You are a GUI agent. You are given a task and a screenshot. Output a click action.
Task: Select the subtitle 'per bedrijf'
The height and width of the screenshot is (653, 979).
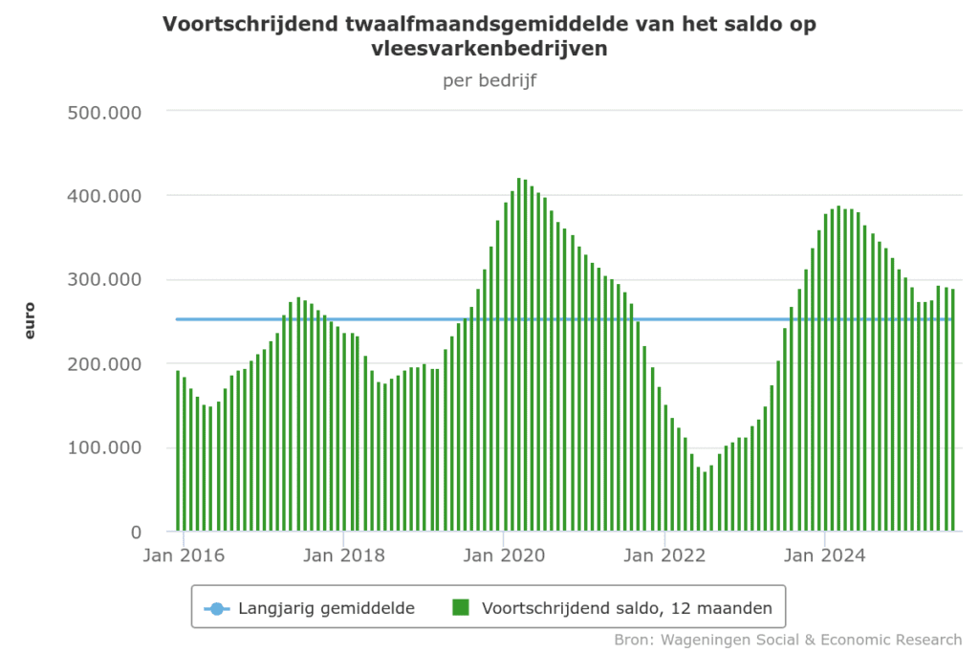[x=489, y=80]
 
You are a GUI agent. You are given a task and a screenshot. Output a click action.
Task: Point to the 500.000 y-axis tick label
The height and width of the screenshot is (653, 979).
[x=105, y=112]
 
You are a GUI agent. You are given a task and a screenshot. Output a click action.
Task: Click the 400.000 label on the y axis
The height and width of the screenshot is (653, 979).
[x=105, y=196]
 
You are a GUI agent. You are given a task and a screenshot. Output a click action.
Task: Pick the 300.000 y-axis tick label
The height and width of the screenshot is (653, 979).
[x=105, y=280]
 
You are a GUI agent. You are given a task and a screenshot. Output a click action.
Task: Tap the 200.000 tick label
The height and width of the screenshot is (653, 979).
[x=105, y=364]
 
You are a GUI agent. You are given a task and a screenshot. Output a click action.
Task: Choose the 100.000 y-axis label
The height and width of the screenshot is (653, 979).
[x=105, y=448]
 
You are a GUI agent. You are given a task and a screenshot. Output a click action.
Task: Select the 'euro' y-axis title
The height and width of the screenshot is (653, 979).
[x=30, y=320]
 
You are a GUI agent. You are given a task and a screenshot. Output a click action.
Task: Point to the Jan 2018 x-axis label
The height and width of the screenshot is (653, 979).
[x=342, y=555]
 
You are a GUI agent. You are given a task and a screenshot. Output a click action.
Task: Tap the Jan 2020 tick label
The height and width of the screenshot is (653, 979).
[x=503, y=555]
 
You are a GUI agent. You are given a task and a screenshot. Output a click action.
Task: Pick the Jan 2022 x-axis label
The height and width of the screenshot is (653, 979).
[x=664, y=555]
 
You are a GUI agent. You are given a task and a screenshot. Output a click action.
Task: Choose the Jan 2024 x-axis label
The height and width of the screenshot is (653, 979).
[x=825, y=555]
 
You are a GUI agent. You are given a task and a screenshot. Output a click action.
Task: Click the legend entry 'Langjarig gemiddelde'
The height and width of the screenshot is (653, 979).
[x=326, y=608]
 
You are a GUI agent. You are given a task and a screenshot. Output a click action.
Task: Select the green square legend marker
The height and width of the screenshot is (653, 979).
[x=461, y=607]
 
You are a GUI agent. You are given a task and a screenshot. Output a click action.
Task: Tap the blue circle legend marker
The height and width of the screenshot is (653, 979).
[x=216, y=608]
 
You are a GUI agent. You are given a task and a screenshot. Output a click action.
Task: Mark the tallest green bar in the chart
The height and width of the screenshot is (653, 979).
[x=519, y=354]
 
